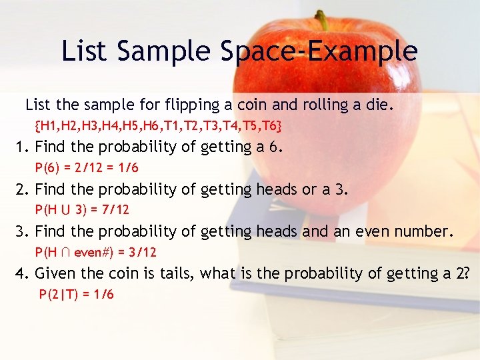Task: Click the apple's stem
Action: coord(322,19)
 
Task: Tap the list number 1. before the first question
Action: coord(23,147)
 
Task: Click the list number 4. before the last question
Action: coord(23,273)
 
